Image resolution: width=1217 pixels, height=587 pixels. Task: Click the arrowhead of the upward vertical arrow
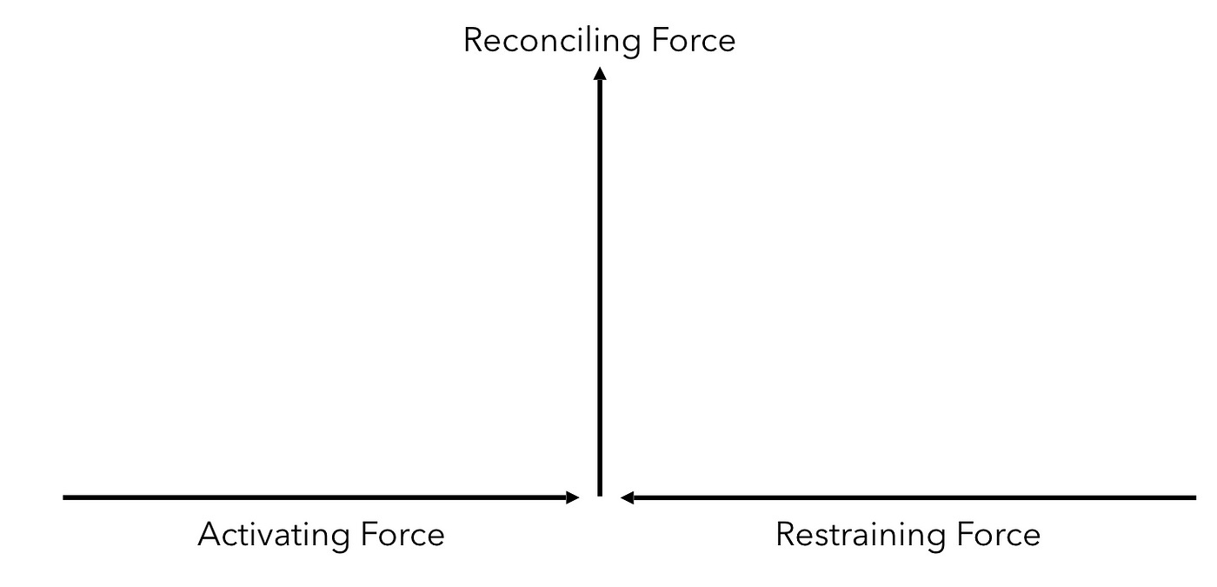(x=600, y=75)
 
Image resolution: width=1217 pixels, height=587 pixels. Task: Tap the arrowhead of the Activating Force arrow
(x=572, y=497)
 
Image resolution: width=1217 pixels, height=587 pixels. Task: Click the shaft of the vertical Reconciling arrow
(x=600, y=287)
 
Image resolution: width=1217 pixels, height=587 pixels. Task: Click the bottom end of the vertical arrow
(x=600, y=493)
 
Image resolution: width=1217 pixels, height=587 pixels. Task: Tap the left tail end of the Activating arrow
(x=66, y=497)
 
